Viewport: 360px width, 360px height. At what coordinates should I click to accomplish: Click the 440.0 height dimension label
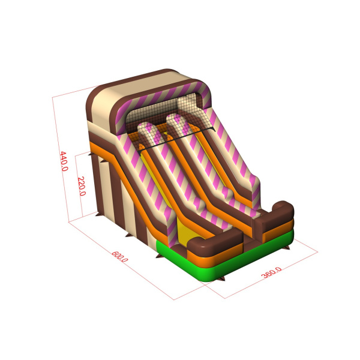[64, 161]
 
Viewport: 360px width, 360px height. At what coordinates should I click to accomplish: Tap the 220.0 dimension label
[82, 186]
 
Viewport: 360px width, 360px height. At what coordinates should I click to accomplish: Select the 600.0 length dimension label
[119, 257]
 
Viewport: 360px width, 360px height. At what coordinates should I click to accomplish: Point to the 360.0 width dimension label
[271, 272]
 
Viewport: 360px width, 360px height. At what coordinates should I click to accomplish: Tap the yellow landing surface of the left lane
[186, 232]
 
